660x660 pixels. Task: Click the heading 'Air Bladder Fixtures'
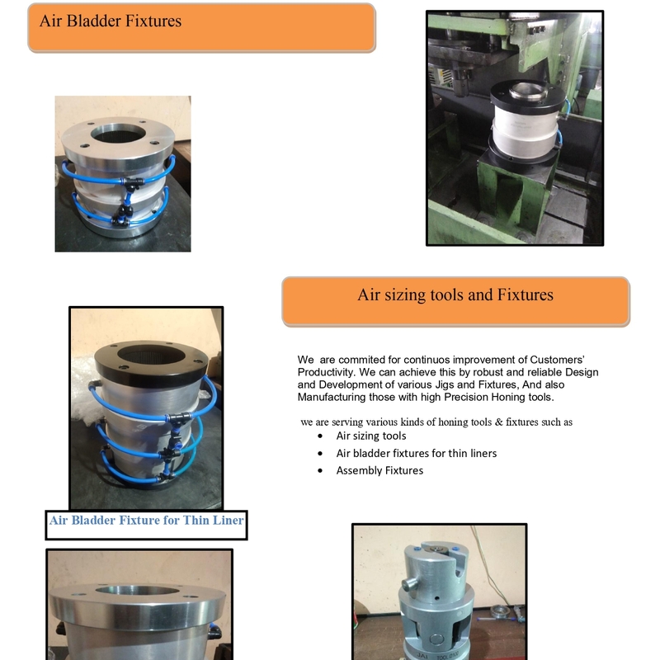[x=111, y=21]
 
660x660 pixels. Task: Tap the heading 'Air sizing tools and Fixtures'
[x=455, y=295]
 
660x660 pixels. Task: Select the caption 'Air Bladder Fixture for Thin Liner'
[x=146, y=521]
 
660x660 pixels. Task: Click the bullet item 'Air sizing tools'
[x=370, y=436]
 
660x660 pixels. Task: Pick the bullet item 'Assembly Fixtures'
[x=379, y=470]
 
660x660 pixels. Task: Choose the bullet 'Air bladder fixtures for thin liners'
[x=417, y=453]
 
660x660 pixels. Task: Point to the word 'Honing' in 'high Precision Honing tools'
[x=507, y=398]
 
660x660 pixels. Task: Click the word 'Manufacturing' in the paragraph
[x=332, y=398]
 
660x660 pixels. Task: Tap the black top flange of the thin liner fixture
[x=151, y=363]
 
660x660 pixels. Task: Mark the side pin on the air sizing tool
[x=409, y=584]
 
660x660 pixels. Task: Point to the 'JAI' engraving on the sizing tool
[x=422, y=655]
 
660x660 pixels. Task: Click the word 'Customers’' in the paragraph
[x=557, y=360]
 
